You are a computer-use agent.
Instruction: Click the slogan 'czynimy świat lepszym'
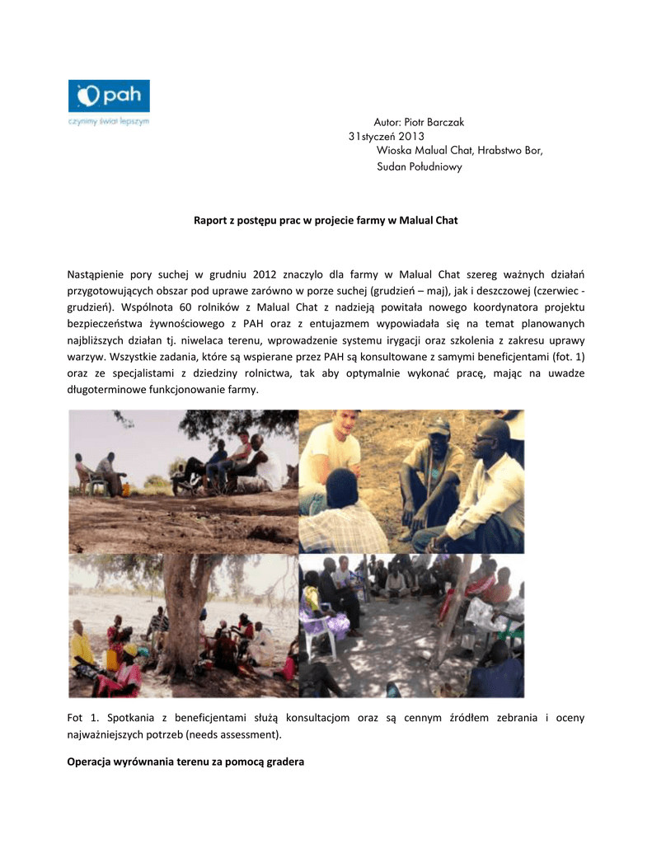[108, 120]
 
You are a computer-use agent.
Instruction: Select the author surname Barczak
[445, 122]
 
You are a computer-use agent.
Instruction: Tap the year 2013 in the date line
[410, 136]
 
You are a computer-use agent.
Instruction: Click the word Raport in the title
[211, 221]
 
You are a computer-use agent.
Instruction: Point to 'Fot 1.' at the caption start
[82, 718]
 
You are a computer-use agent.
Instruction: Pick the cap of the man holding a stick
[439, 428]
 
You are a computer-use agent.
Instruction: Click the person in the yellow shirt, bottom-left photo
[82, 648]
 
